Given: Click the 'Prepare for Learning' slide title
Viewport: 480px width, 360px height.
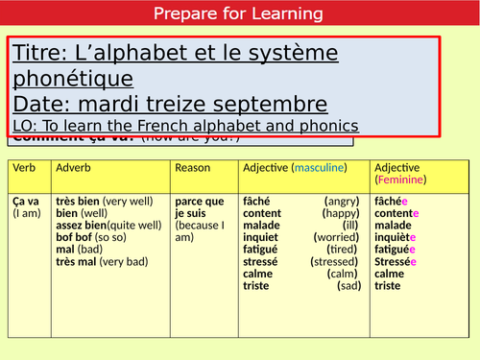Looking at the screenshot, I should [x=240, y=14].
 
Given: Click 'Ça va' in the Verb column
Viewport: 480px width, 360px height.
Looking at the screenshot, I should [x=26, y=203].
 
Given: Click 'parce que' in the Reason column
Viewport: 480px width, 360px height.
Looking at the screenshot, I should [x=200, y=203].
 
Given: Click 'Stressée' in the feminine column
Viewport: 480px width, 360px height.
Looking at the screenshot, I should [x=396, y=261].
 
